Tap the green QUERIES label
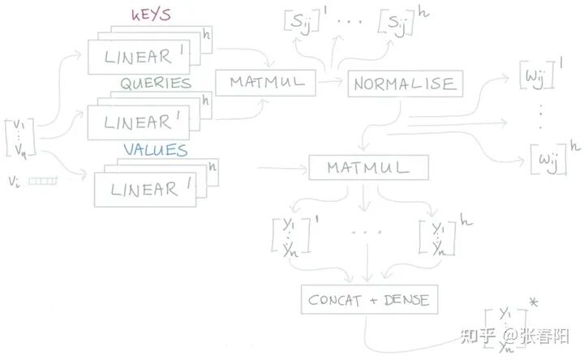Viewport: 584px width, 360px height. point(156,84)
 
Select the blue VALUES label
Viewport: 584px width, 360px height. point(156,150)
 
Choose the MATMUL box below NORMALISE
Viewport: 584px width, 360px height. point(368,169)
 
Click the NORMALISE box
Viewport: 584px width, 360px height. point(404,83)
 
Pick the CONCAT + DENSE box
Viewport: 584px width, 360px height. point(368,300)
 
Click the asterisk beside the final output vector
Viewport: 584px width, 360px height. point(533,303)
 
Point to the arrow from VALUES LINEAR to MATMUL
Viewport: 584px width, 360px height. point(280,169)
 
